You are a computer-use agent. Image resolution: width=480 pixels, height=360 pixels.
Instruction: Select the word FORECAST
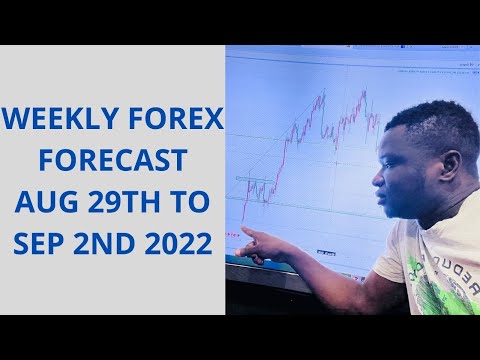tap(112, 161)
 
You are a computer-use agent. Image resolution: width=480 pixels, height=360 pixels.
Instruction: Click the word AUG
tap(43, 201)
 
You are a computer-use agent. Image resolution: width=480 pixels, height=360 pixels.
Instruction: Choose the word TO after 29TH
tap(191, 201)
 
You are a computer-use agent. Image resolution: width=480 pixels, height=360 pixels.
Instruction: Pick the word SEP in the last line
tap(39, 241)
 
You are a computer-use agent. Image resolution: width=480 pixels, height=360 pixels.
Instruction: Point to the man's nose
tap(377, 180)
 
